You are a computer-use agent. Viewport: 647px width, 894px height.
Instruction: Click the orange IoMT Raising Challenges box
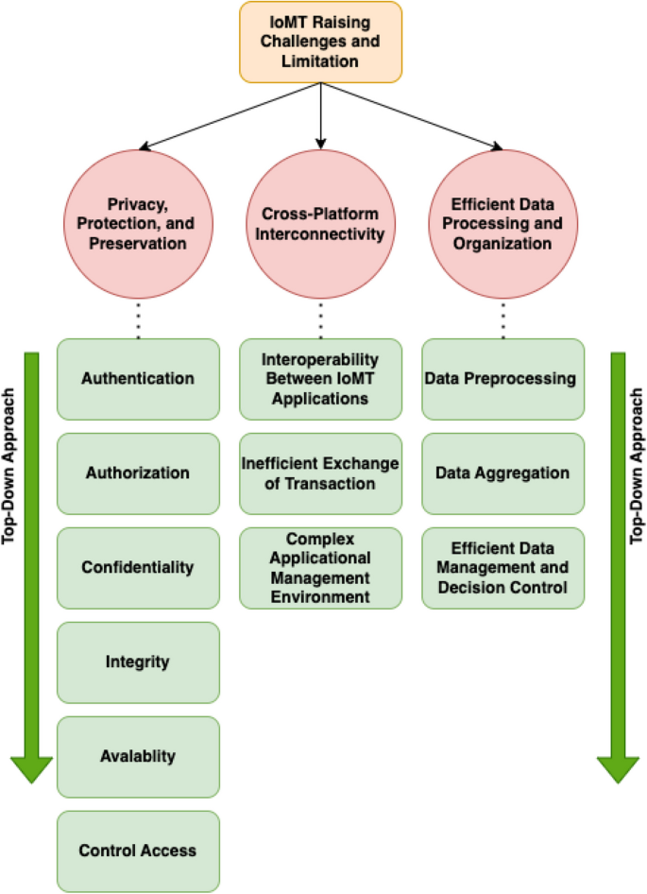(x=320, y=42)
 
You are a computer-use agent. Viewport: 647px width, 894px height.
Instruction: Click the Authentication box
(x=138, y=379)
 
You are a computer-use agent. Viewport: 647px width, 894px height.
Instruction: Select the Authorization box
(x=138, y=473)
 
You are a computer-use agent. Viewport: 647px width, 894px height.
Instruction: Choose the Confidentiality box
(x=138, y=568)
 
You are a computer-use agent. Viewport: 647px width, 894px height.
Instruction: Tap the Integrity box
(x=138, y=662)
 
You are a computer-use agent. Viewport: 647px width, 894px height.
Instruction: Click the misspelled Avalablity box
(x=138, y=757)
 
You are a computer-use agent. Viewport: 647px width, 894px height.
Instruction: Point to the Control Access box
(x=138, y=851)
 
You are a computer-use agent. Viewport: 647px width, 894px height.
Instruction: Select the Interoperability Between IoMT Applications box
(x=320, y=379)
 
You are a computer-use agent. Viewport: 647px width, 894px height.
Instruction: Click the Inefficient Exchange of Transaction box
(x=320, y=473)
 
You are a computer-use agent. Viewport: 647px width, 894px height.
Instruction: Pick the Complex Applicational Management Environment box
(x=320, y=568)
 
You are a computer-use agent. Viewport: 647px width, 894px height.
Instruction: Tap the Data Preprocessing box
(x=502, y=379)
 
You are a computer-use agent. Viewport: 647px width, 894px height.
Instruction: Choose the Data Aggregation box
(x=502, y=473)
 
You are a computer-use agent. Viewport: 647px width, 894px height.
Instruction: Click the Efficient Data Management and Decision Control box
(x=502, y=568)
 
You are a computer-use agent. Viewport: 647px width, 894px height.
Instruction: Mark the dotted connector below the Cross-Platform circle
(x=320, y=319)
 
